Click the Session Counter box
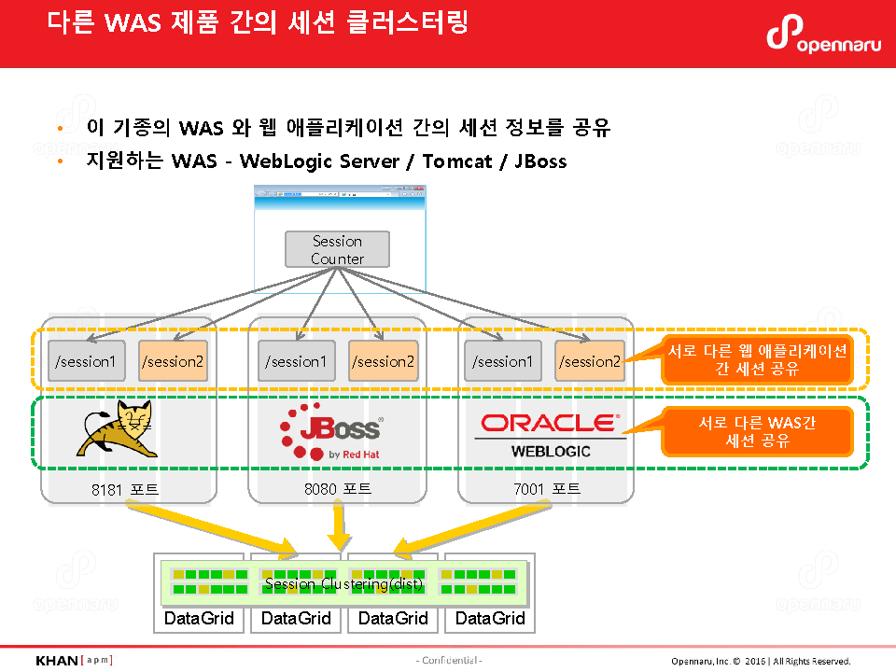(x=337, y=249)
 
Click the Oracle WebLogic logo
(x=549, y=434)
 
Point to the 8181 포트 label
(x=132, y=489)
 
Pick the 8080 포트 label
(x=338, y=489)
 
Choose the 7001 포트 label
(x=547, y=489)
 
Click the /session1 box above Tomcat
(x=86, y=361)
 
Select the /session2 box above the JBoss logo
(x=384, y=361)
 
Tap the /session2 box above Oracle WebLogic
(x=590, y=361)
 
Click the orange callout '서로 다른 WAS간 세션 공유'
(x=757, y=432)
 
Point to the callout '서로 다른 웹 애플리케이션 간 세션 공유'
(x=757, y=359)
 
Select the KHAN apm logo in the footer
(x=74, y=661)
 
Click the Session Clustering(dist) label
(x=343, y=584)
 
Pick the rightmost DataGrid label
(x=490, y=618)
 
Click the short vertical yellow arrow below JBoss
(x=339, y=527)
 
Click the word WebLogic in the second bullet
(x=286, y=161)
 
